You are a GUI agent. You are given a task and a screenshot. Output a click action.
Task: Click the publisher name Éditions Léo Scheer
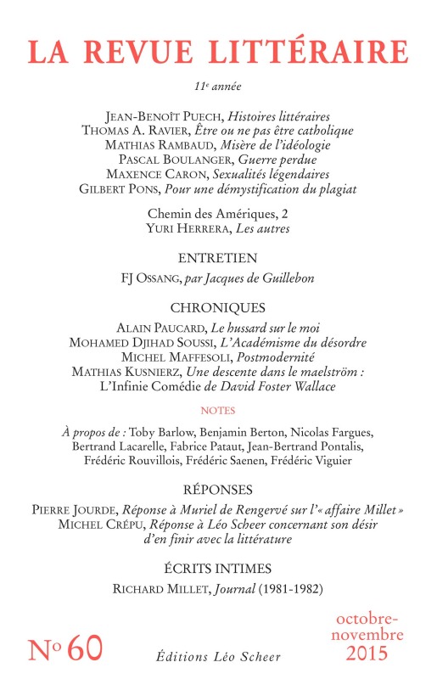coord(218,657)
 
